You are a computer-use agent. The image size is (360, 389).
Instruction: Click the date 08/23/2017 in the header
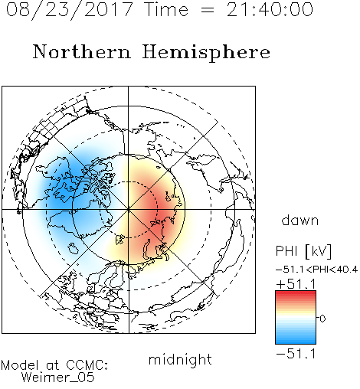[x=70, y=10]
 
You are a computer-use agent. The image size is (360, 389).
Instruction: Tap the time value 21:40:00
[x=270, y=9]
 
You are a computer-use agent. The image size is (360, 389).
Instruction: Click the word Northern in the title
[x=82, y=51]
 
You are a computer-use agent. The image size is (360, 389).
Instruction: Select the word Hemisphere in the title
[x=206, y=53]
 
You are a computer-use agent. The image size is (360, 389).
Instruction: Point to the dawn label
[x=300, y=220]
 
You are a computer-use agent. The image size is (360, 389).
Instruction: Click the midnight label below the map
[x=180, y=359]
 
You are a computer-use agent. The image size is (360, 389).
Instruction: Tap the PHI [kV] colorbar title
[x=303, y=251]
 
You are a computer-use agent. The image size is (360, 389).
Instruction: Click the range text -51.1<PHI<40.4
[x=316, y=270]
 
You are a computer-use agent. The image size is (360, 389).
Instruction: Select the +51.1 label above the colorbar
[x=296, y=284]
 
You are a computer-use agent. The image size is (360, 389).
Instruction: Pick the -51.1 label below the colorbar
[x=296, y=354]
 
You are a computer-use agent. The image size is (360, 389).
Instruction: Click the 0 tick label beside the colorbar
[x=322, y=319]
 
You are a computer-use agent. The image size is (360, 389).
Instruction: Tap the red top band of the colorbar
[x=296, y=293]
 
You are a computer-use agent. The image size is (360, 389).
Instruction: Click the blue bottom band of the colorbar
[x=296, y=341]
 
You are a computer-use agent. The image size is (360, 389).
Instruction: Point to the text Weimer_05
[x=58, y=377]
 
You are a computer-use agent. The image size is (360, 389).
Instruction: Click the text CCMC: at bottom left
[x=87, y=365]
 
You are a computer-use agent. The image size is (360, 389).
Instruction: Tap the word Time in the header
[x=166, y=9]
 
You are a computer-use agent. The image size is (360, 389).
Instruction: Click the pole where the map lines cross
[x=129, y=210]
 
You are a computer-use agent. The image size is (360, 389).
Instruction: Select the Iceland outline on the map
[x=73, y=248]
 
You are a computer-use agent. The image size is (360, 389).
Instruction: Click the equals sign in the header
[x=208, y=10]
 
